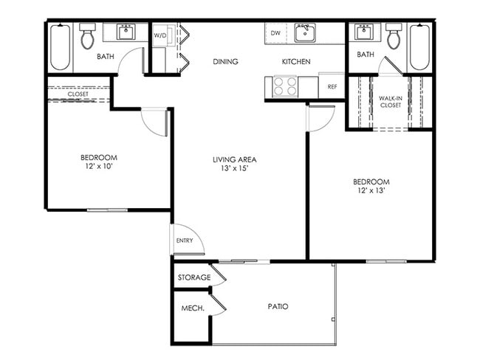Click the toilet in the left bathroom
pyautogui.click(x=88, y=35)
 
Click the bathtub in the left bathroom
pyautogui.click(x=61, y=48)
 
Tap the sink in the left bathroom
pyautogui.click(x=126, y=32)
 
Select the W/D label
pyautogui.click(x=160, y=35)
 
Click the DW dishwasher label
pyautogui.click(x=275, y=33)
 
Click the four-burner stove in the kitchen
pyautogui.click(x=285, y=87)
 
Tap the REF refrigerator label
pyautogui.click(x=332, y=87)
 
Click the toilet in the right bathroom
pyautogui.click(x=394, y=35)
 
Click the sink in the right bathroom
pyautogui.click(x=363, y=32)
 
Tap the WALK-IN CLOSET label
pyautogui.click(x=390, y=102)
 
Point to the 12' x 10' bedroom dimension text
pyautogui.click(x=98, y=167)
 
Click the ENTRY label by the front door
pyautogui.click(x=184, y=241)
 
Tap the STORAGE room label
pyautogui.click(x=194, y=278)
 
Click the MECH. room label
pyautogui.click(x=193, y=308)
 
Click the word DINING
pyautogui.click(x=225, y=62)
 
